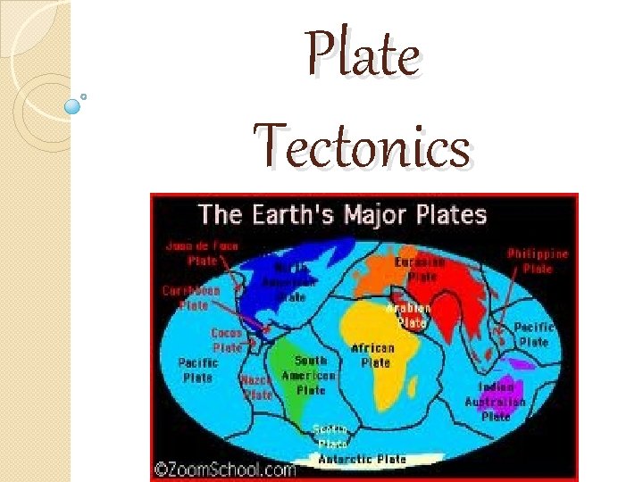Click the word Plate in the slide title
[363, 55]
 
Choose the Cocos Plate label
[226, 340]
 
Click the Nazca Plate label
[256, 386]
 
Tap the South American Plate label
[309, 375]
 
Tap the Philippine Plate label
[538, 261]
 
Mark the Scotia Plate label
[330, 436]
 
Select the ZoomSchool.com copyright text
[226, 470]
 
